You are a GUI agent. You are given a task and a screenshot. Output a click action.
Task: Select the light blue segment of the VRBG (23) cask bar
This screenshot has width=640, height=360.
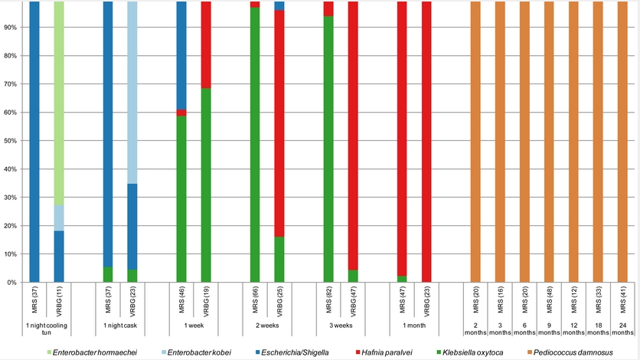coord(132,92)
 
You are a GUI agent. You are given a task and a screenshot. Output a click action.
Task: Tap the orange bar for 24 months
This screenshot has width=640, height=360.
coord(622,142)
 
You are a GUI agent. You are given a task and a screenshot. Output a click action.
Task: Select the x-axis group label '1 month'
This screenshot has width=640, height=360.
coord(414,326)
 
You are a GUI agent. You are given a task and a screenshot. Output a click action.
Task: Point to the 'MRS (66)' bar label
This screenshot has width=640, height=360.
coord(255,300)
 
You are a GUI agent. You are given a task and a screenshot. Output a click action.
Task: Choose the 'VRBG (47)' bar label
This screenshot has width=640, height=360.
coord(353,300)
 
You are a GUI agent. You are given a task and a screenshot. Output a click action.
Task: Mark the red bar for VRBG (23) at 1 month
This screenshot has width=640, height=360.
coord(426,142)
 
